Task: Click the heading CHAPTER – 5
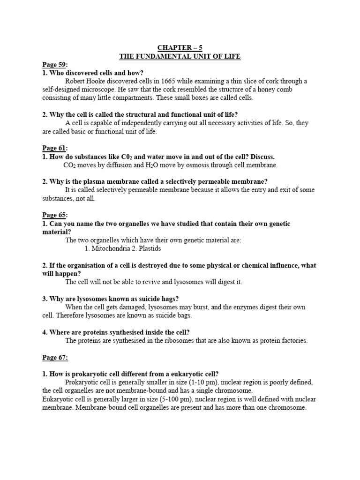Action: click(x=180, y=47)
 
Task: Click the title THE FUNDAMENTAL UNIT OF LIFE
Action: click(x=180, y=56)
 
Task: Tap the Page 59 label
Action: click(x=54, y=64)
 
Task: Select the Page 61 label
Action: click(x=54, y=148)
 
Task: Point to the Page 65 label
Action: click(x=54, y=215)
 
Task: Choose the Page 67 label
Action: click(x=55, y=358)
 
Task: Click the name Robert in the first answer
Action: click(x=75, y=81)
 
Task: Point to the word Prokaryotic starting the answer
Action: click(x=82, y=382)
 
